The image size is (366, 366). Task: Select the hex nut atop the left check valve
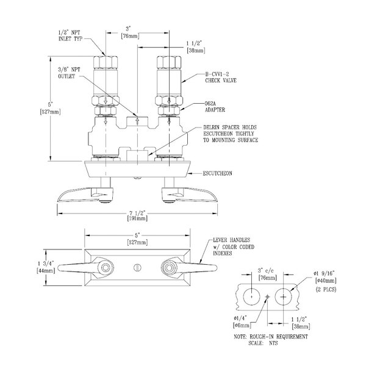point(107,62)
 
